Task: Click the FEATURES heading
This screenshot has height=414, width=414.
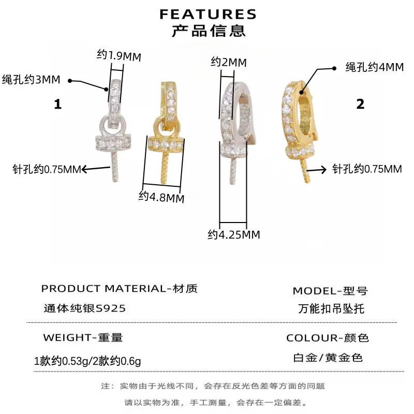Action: [x=208, y=14]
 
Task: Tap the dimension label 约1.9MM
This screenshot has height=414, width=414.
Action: [x=119, y=55]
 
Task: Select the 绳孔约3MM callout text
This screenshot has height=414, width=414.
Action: [x=31, y=80]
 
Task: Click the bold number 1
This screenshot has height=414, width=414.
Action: [x=58, y=104]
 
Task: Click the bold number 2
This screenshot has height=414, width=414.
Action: [x=360, y=104]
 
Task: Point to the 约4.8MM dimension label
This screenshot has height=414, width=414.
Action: [x=161, y=197]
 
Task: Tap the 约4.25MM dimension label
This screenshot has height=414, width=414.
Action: [x=234, y=234]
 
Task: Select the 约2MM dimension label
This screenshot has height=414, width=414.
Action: [x=229, y=62]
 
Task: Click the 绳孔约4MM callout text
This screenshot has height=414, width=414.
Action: [x=375, y=67]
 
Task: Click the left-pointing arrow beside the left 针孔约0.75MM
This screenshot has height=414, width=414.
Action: [x=96, y=169]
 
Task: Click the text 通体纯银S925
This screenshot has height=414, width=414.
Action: [x=84, y=308]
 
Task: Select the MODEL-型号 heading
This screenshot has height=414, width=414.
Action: [x=330, y=291]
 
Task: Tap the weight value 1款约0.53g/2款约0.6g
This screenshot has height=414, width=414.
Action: [x=87, y=361]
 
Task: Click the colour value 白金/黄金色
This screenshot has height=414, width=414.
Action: [x=328, y=358]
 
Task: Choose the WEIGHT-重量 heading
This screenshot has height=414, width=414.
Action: [x=83, y=337]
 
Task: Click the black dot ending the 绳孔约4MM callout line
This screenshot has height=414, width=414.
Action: [x=334, y=68]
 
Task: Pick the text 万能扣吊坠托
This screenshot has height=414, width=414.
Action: [x=331, y=308]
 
